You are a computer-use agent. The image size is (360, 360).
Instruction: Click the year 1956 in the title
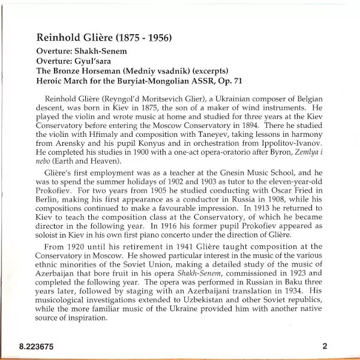(157, 38)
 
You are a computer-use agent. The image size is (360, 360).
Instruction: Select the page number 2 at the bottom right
(324, 346)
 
